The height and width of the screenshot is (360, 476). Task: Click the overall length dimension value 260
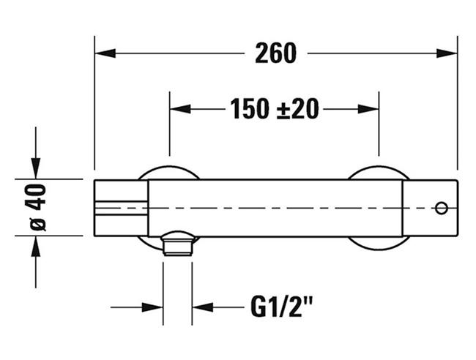pos(276,53)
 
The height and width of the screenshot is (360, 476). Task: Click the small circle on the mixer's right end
pos(441,209)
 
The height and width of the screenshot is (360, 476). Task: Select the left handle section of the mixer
pos(122,208)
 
